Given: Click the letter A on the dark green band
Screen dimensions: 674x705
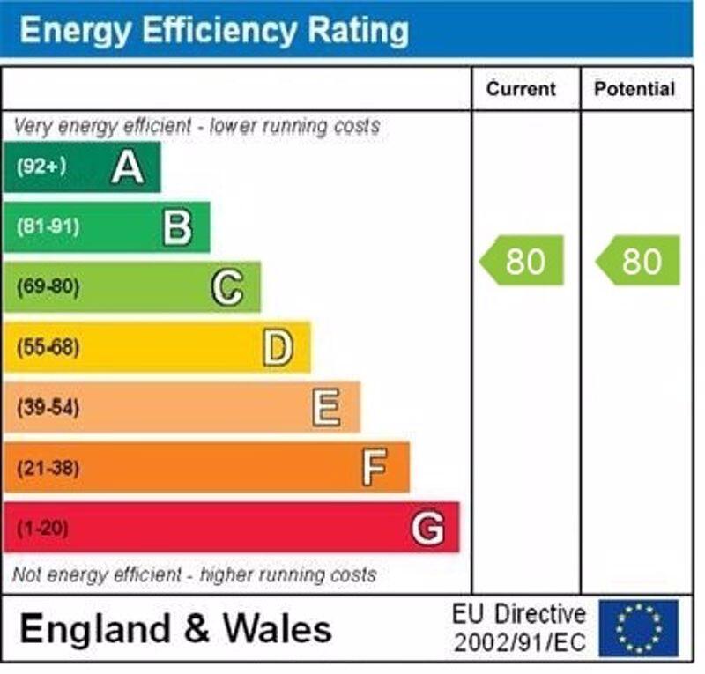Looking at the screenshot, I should pyautogui.click(x=128, y=167).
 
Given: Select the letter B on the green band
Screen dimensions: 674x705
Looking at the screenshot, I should pyautogui.click(x=177, y=227).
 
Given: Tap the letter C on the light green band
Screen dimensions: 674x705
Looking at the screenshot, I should pyautogui.click(x=227, y=287).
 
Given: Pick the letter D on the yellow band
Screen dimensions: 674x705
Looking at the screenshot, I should pyautogui.click(x=277, y=347).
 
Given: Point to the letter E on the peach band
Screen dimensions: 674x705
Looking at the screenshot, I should pyautogui.click(x=326, y=407).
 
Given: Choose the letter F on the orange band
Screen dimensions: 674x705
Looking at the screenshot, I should pyautogui.click(x=375, y=467).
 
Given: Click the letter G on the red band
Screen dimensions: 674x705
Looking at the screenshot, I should pyautogui.click(x=427, y=528).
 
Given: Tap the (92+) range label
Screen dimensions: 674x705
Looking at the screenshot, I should pyautogui.click(x=41, y=167).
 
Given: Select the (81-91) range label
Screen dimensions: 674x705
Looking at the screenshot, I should pyautogui.click(x=48, y=227).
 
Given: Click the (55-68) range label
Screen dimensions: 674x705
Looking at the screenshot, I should pyautogui.click(x=48, y=347).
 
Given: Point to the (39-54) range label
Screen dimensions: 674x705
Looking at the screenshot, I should pyautogui.click(x=48, y=407).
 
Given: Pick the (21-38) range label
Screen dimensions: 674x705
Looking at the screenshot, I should pyautogui.click(x=48, y=467).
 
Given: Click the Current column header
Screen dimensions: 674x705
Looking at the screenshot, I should pyautogui.click(x=522, y=89).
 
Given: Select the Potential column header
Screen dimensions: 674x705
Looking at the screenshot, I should pyautogui.click(x=634, y=89).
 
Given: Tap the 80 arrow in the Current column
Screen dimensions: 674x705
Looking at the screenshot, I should pyautogui.click(x=523, y=261).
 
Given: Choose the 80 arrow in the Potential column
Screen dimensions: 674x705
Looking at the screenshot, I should pyautogui.click(x=640, y=261).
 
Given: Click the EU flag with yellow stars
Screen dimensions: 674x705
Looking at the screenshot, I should pyautogui.click(x=639, y=628).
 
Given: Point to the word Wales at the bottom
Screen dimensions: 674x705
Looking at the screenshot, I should pyautogui.click(x=277, y=629).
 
